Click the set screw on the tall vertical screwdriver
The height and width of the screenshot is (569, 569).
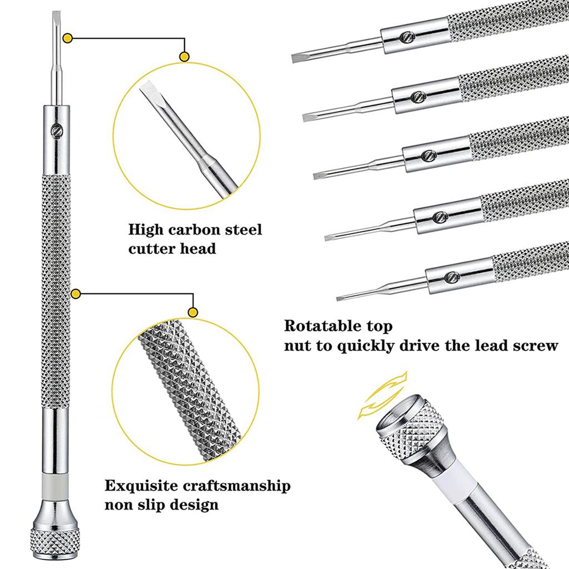click(56, 129)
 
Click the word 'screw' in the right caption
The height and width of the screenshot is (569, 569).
click(534, 346)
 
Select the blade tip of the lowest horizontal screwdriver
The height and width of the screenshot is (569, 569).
click(341, 299)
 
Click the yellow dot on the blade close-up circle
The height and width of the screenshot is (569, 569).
click(184, 56)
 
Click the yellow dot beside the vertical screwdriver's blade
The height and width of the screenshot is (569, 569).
click(68, 39)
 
